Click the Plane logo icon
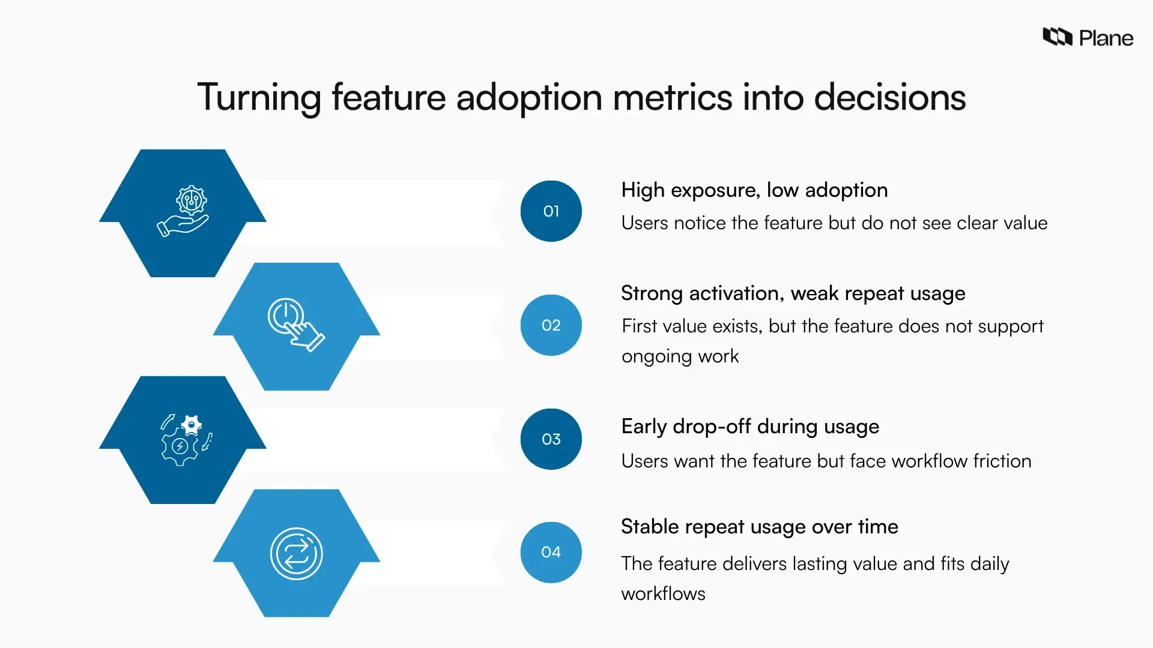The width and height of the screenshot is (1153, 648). pos(1058,37)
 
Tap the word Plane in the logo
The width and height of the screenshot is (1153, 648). pos(1106,38)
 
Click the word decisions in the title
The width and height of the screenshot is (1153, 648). pos(889,97)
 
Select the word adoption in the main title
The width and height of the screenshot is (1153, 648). pos(528,97)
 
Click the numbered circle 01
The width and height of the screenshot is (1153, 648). pos(551,211)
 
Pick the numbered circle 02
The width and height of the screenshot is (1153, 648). pos(551,325)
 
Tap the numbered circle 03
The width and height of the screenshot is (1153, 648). pos(551,439)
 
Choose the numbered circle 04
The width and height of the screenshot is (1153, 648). pos(551,552)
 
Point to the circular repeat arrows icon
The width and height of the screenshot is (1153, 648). pos(296,553)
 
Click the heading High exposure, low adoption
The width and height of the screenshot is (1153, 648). pos(754,190)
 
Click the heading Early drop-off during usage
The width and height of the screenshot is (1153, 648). pos(750,427)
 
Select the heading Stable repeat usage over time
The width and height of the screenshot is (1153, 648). pos(759,527)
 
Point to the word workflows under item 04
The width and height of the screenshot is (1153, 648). pos(663,594)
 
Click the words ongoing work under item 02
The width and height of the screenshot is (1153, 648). pos(680,356)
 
